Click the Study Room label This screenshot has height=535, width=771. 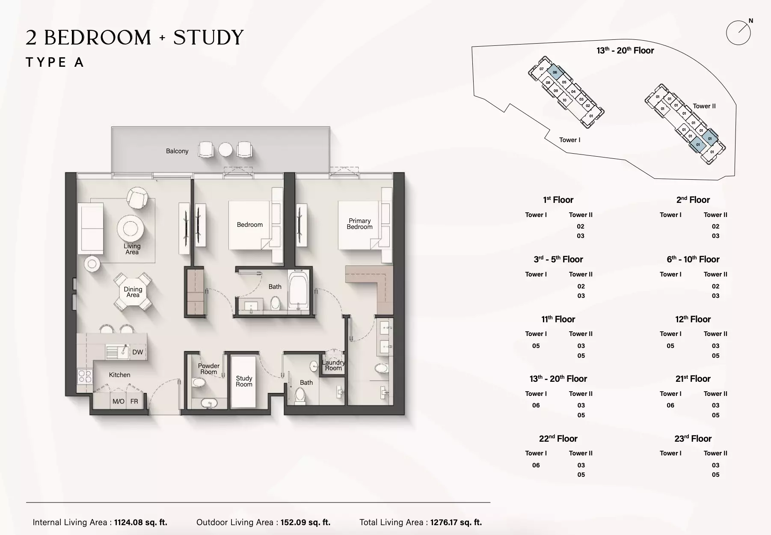(244, 381)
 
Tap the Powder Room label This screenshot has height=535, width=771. (209, 369)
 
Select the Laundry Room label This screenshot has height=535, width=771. (333, 365)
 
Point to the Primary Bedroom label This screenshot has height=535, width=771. (360, 224)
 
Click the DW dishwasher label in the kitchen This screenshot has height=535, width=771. (138, 352)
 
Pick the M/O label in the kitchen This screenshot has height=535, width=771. (119, 401)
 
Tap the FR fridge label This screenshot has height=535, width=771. (134, 401)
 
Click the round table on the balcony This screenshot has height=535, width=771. (225, 150)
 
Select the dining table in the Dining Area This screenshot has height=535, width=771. (133, 292)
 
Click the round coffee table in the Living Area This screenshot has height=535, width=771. (130, 229)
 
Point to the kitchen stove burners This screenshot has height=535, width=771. (85, 377)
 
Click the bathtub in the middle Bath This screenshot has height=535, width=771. (298, 290)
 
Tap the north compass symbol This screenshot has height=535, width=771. (739, 32)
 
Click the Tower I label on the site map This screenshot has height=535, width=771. (570, 140)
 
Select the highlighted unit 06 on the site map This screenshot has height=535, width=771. (555, 72)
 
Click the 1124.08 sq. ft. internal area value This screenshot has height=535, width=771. (141, 522)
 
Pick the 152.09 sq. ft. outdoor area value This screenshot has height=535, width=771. (304, 522)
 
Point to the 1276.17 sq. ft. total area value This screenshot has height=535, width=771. (456, 522)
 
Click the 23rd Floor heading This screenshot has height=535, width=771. (693, 439)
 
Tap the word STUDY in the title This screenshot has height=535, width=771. (208, 38)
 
